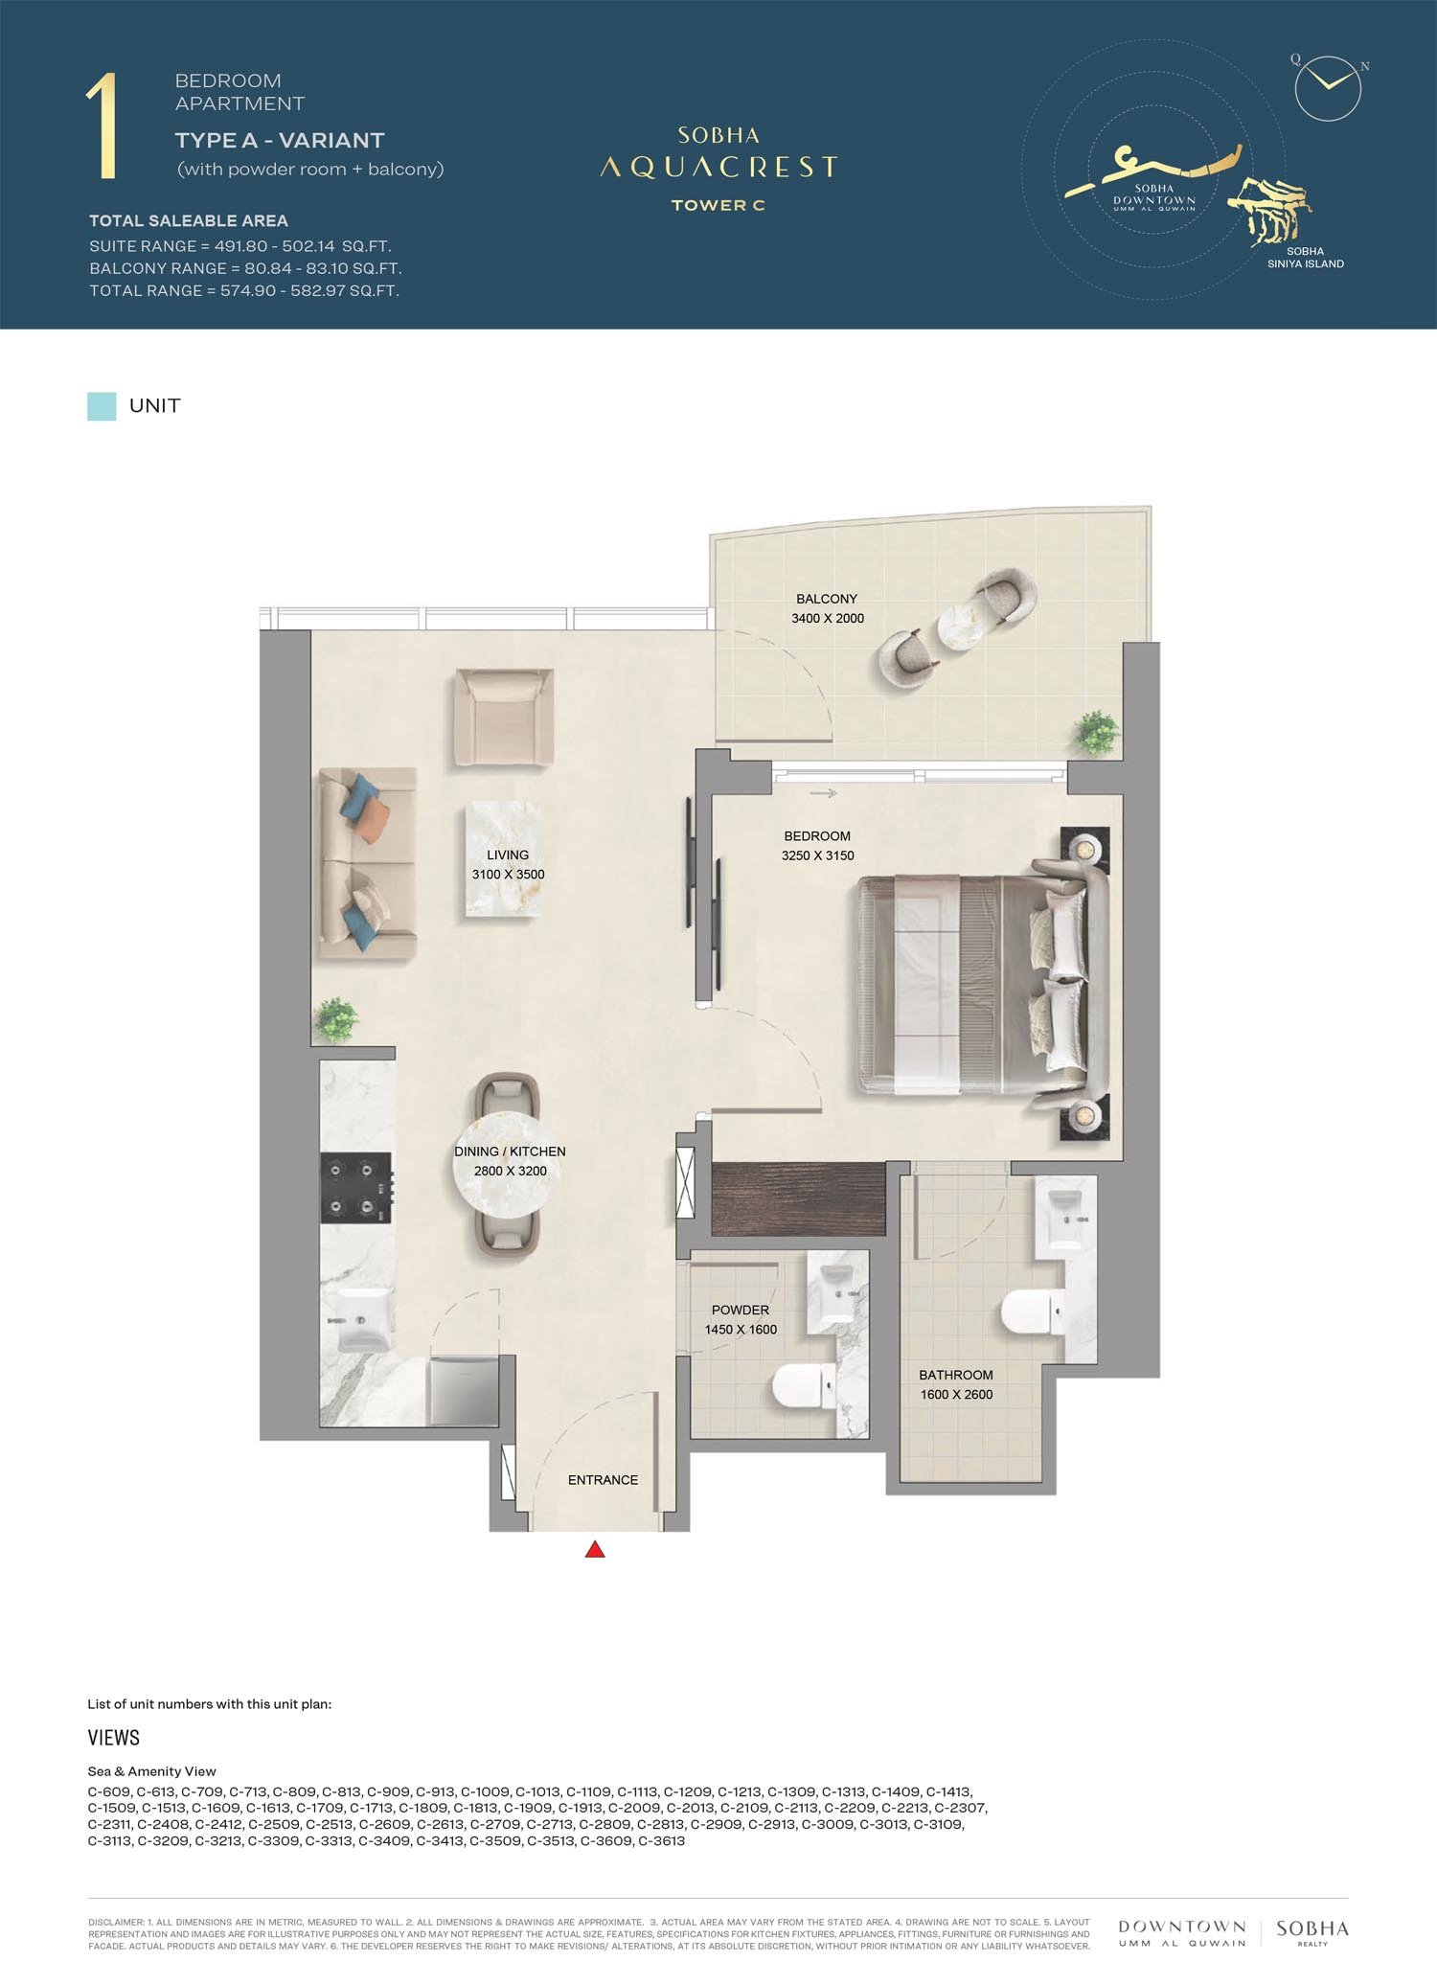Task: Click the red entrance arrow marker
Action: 595,1549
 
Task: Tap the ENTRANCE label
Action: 603,1480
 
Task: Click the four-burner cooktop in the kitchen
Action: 355,1188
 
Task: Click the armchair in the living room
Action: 505,718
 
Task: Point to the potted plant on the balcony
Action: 1098,733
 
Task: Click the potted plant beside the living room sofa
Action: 335,1019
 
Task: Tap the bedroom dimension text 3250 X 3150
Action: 817,855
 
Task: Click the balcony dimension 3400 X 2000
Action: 828,618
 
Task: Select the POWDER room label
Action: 741,1310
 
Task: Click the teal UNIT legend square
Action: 102,406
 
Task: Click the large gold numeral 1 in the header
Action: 103,126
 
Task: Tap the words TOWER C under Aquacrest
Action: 718,205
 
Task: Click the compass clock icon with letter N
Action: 1328,87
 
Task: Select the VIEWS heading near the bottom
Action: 114,1738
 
